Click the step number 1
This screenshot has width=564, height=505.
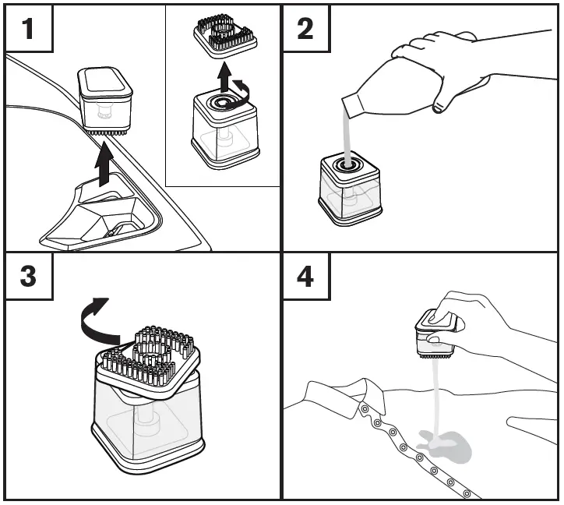[28, 29]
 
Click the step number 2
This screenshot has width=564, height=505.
[305, 29]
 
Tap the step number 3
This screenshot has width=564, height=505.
[28, 276]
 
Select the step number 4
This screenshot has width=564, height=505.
[305, 276]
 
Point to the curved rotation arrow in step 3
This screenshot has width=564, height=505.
[98, 320]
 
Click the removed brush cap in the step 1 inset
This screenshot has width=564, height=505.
[225, 36]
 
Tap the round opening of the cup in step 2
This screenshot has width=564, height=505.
[345, 165]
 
